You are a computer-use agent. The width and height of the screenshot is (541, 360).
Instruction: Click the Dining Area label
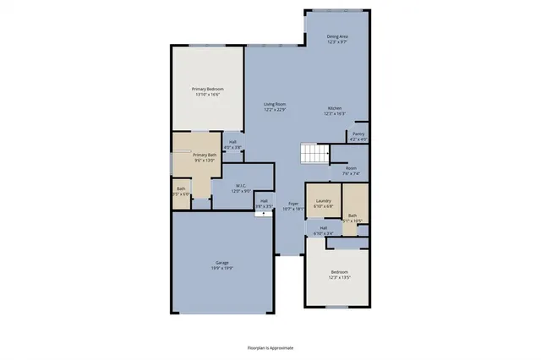click(337, 37)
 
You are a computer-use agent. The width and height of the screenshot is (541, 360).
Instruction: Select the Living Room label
click(274, 104)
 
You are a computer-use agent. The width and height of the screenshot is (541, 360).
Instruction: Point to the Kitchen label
click(335, 108)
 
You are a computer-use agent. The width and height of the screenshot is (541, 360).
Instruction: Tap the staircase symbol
click(314, 154)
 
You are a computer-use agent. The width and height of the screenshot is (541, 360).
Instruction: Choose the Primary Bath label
click(205, 155)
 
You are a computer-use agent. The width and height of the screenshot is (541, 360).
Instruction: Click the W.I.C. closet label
click(240, 186)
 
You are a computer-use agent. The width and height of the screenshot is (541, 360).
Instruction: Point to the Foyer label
click(293, 203)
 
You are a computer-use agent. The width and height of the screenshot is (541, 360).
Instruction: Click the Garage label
click(222, 263)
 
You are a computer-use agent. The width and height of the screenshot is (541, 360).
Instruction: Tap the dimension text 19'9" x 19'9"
click(222, 268)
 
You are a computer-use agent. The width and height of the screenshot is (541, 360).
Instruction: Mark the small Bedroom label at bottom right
click(338, 271)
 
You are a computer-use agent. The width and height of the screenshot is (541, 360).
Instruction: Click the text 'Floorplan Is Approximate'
click(270, 347)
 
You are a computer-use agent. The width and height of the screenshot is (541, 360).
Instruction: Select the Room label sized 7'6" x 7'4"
click(351, 168)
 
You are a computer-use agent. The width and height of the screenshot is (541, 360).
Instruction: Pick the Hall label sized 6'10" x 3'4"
click(323, 227)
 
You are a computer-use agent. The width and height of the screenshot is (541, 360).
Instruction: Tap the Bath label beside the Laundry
click(352, 215)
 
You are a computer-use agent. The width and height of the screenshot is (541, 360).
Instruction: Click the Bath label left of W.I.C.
click(181, 188)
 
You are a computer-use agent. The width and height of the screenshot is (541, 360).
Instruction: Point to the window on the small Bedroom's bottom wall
click(337, 307)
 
